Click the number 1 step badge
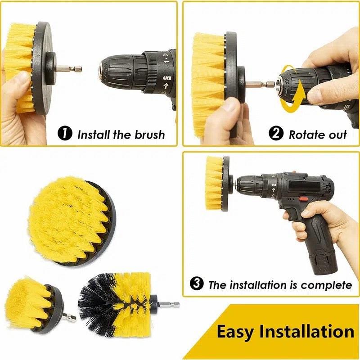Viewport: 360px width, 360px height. click(x=65, y=134)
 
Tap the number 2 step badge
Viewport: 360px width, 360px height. click(x=276, y=134)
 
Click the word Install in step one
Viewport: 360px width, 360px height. click(x=93, y=134)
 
